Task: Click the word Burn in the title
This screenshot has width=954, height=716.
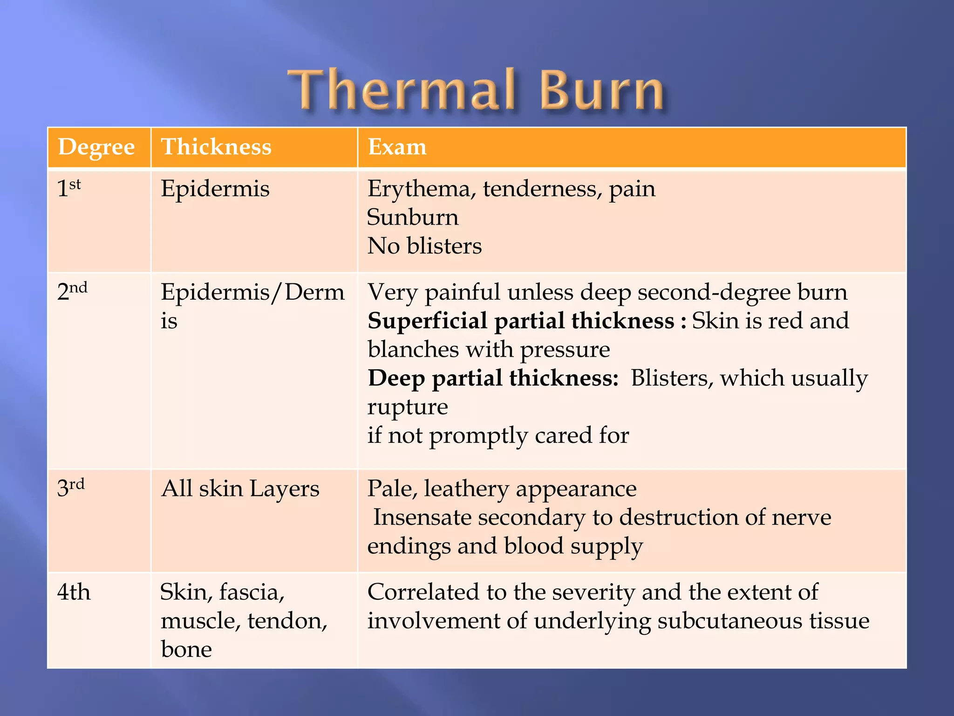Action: point(602,89)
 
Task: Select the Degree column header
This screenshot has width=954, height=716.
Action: point(96,147)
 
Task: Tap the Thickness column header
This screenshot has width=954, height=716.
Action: point(216,147)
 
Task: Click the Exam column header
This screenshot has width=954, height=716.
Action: point(397,147)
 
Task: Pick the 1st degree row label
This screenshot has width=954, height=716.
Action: point(69,188)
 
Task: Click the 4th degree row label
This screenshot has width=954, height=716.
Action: point(74,592)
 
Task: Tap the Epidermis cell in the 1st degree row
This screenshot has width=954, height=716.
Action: point(215,189)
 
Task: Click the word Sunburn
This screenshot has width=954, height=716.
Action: point(413,217)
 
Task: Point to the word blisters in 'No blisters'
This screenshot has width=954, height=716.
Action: point(444,246)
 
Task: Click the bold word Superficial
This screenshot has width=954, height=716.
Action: point(427,321)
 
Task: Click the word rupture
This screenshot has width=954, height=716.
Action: point(408,407)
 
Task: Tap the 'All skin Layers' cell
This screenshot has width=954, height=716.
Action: point(240,489)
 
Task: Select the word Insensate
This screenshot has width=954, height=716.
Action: point(422,517)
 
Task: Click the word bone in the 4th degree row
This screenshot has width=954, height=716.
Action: point(186,649)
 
